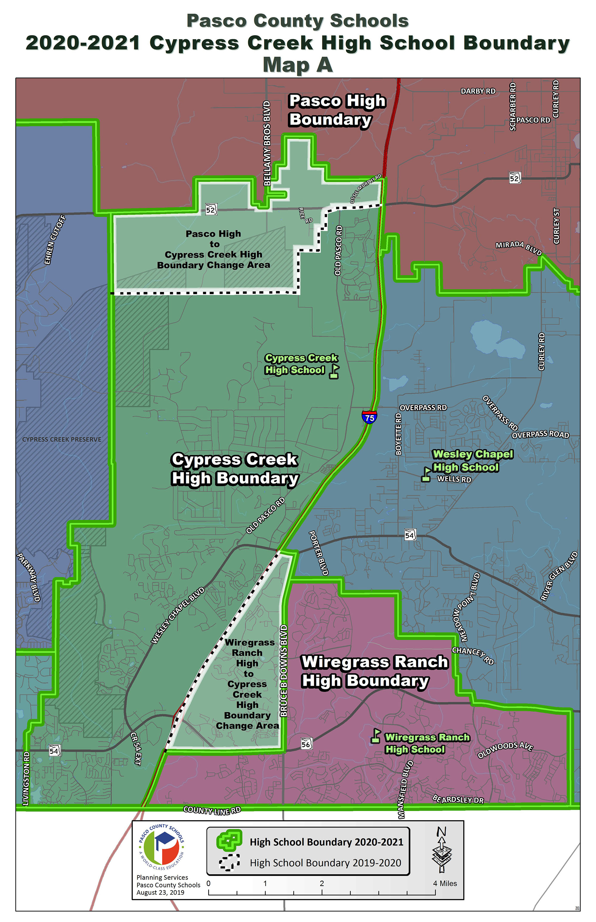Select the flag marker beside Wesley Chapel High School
tap(426, 474)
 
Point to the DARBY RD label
tap(478, 91)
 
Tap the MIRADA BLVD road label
tap(519, 248)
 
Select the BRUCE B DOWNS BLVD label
tap(284, 670)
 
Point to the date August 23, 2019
tap(160, 892)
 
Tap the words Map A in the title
tap(298, 65)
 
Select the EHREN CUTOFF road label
tap(55, 240)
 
